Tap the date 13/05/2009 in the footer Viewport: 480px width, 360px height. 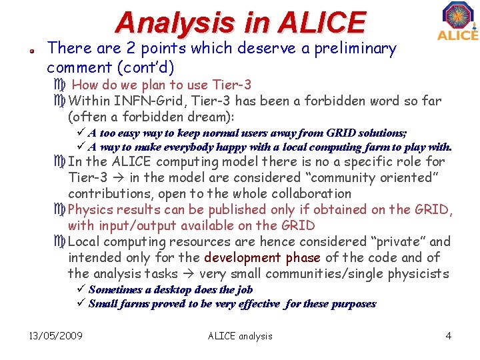[56, 336]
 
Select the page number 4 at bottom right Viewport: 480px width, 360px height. [449, 336]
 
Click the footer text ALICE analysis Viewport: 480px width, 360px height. [240, 336]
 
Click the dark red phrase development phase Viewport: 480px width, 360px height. [262, 257]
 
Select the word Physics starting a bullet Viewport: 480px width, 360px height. [91, 209]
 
